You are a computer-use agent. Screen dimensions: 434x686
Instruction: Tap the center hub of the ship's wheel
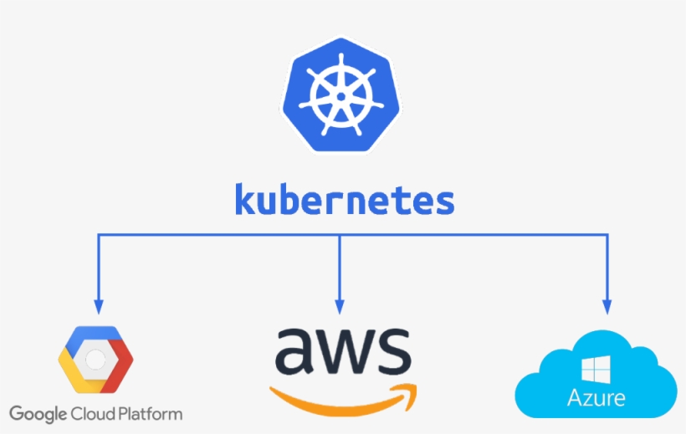[x=342, y=96]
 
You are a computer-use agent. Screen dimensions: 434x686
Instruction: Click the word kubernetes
[x=344, y=201]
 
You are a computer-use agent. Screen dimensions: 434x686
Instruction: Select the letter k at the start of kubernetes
[x=245, y=201]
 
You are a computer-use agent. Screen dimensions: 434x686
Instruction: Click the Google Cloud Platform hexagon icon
[x=95, y=360]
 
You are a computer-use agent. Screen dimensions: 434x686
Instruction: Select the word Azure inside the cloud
[x=596, y=396]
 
